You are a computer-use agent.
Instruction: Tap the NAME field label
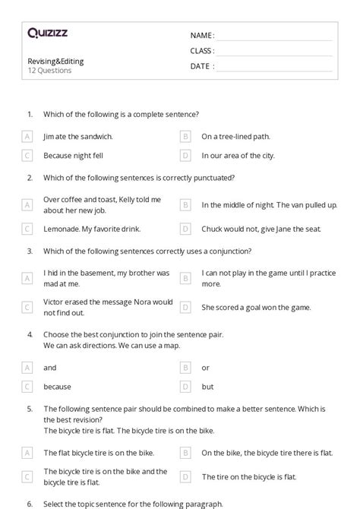pyautogui.click(x=201, y=36)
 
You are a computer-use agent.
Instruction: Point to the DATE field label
pyautogui.click(x=201, y=66)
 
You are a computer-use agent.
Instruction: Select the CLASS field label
pyautogui.click(x=202, y=51)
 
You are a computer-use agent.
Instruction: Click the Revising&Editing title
pyautogui.click(x=55, y=61)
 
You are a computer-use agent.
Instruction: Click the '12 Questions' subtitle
pyautogui.click(x=49, y=71)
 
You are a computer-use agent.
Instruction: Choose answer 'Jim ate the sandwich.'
pyautogui.click(x=78, y=137)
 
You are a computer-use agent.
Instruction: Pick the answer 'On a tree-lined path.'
pyautogui.click(x=235, y=137)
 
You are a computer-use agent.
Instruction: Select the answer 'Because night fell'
pyautogui.click(x=74, y=156)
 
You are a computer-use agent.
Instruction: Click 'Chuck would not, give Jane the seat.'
pyautogui.click(x=261, y=229)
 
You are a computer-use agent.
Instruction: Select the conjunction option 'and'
pyautogui.click(x=50, y=368)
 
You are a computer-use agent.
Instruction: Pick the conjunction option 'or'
pyautogui.click(x=206, y=368)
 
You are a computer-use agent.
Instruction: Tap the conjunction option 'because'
pyautogui.click(x=57, y=387)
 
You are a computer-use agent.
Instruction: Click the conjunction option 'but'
pyautogui.click(x=207, y=387)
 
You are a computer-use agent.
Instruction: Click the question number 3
pyautogui.click(x=30, y=251)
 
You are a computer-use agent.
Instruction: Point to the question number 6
pyautogui.click(x=30, y=504)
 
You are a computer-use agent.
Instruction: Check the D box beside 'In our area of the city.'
pyautogui.click(x=185, y=156)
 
